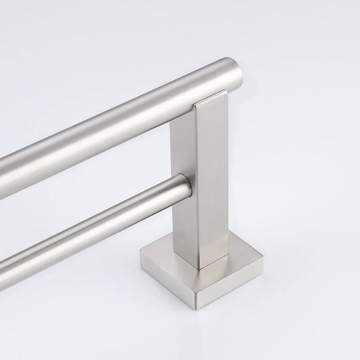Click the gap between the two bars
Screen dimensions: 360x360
[93, 186]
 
